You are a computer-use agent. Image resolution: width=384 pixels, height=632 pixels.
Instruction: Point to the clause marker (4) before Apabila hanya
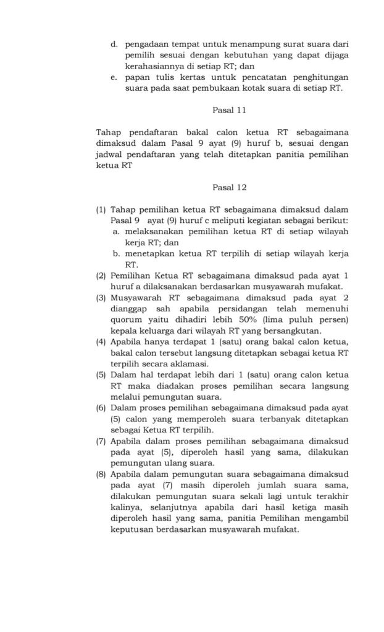tap(101, 342)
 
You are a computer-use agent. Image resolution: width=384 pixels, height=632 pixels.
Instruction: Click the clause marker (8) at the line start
tap(101, 475)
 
